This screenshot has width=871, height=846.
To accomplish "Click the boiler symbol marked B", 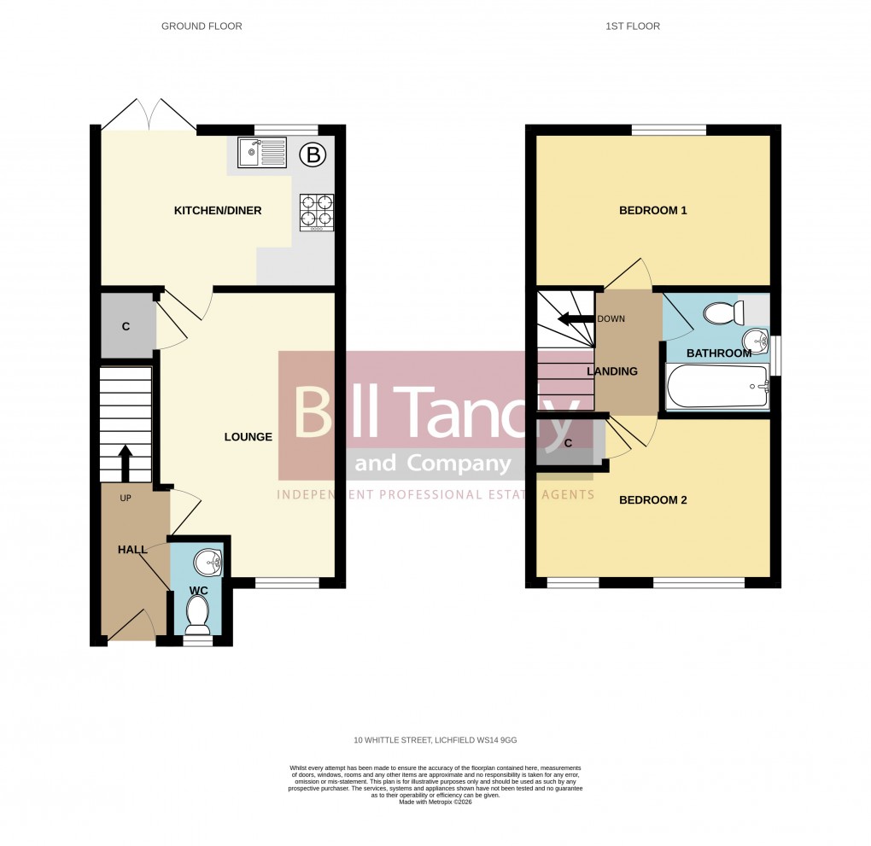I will (314, 155).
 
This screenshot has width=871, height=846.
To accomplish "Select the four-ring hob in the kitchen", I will (315, 213).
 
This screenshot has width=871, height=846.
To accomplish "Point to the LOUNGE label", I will (248, 437).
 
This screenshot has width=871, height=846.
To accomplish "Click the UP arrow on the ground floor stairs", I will (125, 463).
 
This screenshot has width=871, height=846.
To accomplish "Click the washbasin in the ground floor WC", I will (208, 563).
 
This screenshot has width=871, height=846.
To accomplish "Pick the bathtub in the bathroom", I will (716, 388).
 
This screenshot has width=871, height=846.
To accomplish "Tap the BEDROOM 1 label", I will (652, 210).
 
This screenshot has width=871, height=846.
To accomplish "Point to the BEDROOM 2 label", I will (652, 500).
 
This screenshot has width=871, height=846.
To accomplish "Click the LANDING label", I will (611, 371).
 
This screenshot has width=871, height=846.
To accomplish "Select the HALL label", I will (132, 550).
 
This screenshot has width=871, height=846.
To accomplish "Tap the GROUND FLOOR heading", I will (202, 26).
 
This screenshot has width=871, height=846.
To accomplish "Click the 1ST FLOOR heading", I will (633, 26).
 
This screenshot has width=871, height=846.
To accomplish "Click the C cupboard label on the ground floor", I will (126, 326).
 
